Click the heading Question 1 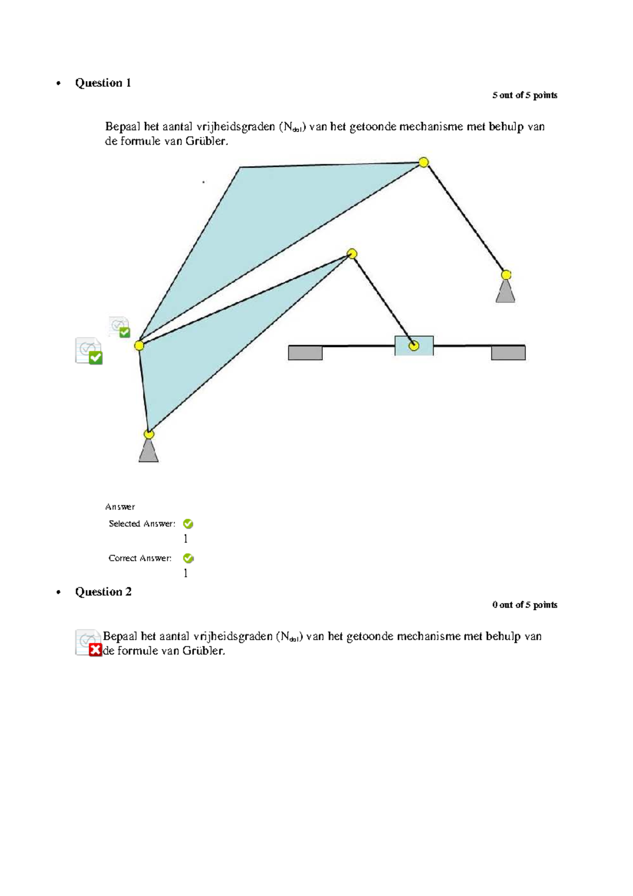[x=103, y=83]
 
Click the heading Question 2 [x=103, y=592]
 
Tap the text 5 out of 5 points [x=524, y=96]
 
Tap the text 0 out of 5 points [x=524, y=605]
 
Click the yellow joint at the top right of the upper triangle [x=424, y=163]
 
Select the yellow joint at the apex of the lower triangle [x=352, y=254]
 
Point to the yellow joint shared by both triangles [x=139, y=346]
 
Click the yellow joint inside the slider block [x=414, y=346]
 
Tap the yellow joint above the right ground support [x=506, y=275]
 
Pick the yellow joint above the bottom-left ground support [x=149, y=434]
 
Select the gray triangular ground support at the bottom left [x=149, y=453]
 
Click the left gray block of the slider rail [x=305, y=352]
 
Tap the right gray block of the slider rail [x=508, y=352]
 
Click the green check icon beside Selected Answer [x=188, y=524]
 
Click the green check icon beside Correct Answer [x=188, y=558]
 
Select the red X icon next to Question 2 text [x=95, y=650]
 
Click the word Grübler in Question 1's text [x=206, y=141]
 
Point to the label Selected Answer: [x=142, y=524]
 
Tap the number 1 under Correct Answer [x=186, y=573]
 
